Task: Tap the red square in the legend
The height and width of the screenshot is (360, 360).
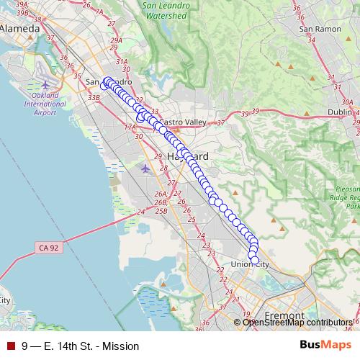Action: (11, 346)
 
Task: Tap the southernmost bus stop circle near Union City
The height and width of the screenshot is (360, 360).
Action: (253, 259)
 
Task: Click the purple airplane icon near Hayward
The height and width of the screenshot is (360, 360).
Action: (146, 168)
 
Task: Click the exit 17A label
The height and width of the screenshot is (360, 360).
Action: (130, 127)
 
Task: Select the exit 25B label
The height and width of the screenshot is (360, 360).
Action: (161, 210)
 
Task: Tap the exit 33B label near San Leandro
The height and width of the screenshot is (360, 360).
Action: (93, 96)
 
